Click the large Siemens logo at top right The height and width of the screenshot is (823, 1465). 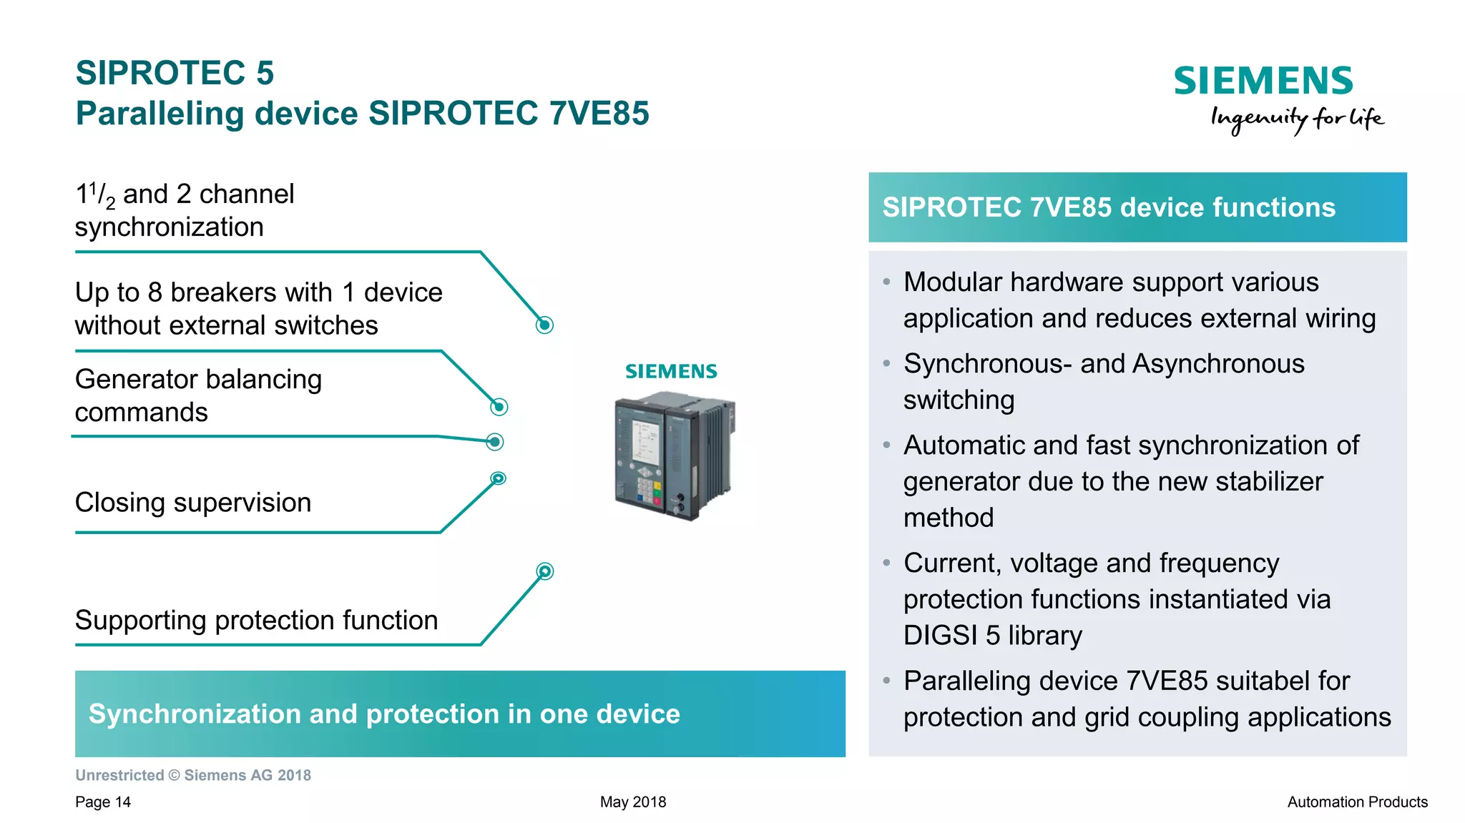tap(1263, 81)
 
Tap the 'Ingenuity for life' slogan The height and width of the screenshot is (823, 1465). tap(1296, 119)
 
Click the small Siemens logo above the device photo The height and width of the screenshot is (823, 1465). tap(670, 371)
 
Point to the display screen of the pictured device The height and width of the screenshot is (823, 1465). tap(647, 443)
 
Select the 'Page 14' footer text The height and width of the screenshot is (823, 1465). tap(103, 802)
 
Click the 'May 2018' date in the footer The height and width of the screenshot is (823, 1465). tap(632, 802)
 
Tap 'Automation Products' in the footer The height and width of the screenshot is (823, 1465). tap(1357, 802)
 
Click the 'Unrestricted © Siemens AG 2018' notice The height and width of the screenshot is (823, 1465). tap(193, 775)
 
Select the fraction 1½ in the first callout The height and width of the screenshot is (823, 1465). tap(94, 195)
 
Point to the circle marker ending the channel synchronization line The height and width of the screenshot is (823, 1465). tap(544, 325)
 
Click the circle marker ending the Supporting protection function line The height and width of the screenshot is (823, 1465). tap(545, 571)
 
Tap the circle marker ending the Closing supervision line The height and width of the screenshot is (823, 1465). tap(499, 478)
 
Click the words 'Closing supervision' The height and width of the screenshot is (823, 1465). tap(193, 503)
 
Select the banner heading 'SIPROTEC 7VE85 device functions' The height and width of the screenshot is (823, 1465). tap(1108, 207)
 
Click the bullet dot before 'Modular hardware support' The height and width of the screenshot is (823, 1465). tap(886, 282)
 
